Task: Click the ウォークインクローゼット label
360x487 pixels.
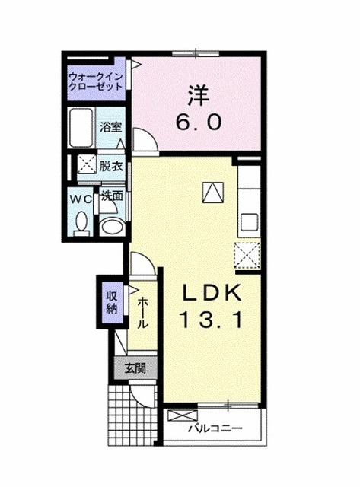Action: point(95,82)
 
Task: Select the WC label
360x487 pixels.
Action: point(81,198)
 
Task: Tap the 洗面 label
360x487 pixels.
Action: point(113,196)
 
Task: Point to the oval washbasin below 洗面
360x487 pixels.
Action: point(113,224)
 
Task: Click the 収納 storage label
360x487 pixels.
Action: point(112,302)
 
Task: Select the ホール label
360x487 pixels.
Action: point(143,313)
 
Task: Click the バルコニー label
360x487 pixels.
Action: point(221,428)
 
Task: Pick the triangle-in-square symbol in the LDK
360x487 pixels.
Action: point(211,192)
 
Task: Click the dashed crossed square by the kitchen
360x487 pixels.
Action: point(247,255)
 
